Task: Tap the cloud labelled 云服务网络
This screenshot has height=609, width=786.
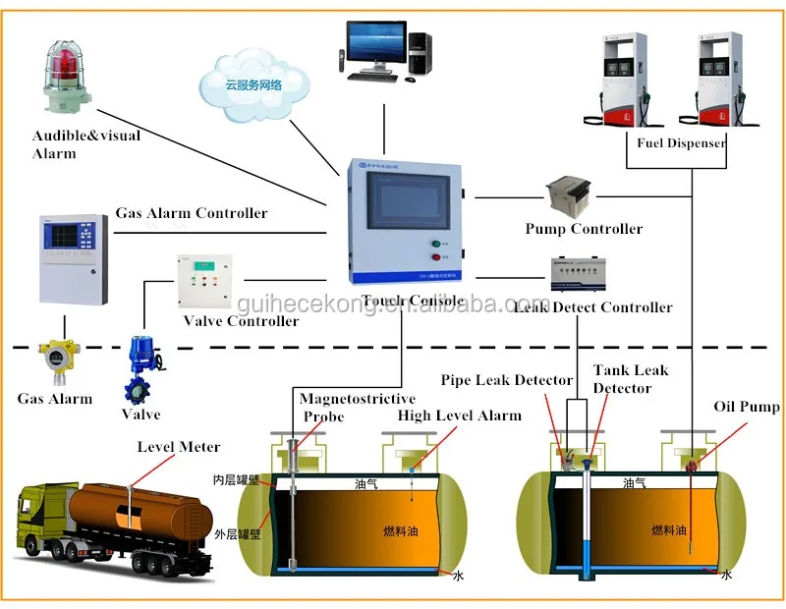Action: pos(253,84)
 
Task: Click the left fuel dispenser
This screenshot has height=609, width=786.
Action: pos(623,79)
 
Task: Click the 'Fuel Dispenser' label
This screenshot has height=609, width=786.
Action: pos(681,142)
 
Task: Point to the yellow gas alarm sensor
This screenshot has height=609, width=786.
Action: pos(54,362)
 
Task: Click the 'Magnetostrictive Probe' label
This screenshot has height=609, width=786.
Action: pos(357,407)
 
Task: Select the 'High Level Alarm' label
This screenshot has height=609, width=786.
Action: pos(459,415)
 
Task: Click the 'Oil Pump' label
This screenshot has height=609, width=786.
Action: pos(747,407)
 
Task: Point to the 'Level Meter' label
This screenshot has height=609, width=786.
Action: pos(179,447)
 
